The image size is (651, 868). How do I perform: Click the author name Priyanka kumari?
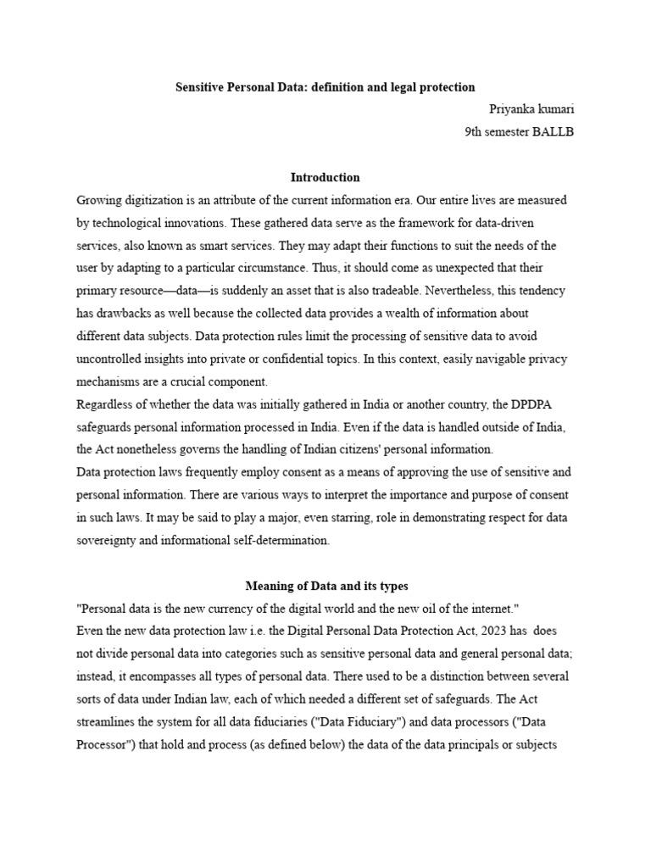(x=531, y=109)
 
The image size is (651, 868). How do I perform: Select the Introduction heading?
(x=325, y=178)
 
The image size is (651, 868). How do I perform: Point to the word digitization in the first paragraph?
(x=156, y=200)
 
